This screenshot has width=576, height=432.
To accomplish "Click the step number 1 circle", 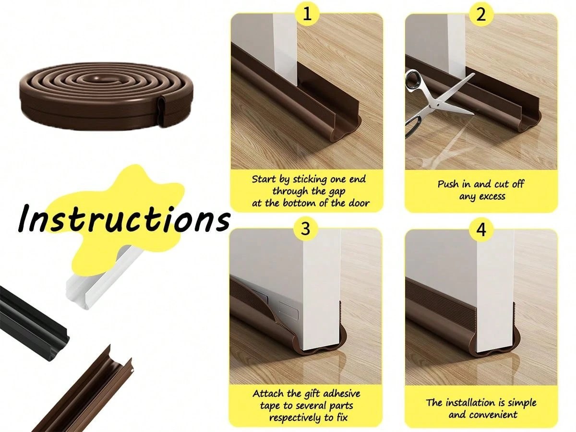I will [x=307, y=14].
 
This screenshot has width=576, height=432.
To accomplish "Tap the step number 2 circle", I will [x=481, y=14].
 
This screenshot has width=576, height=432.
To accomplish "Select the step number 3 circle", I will [x=306, y=229].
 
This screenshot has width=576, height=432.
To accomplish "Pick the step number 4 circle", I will [x=481, y=229].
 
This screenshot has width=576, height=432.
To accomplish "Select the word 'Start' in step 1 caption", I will [x=265, y=179].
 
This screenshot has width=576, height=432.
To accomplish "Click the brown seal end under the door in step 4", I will [x=494, y=343].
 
